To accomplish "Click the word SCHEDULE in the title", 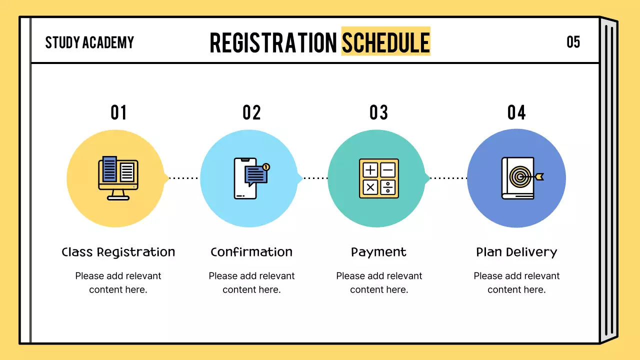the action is click(386, 42).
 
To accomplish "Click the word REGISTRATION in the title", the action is click(273, 42).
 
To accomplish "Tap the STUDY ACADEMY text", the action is click(89, 42).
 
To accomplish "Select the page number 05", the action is click(573, 42).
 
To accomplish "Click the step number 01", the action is click(118, 112).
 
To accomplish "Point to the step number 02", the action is click(251, 112).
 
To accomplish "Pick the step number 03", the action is click(378, 112).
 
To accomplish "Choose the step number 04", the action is click(516, 112).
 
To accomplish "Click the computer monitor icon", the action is click(118, 178).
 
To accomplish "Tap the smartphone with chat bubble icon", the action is click(251, 178).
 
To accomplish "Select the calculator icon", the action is click(379, 178).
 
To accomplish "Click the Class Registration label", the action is click(118, 252).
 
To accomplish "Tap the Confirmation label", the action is click(251, 252).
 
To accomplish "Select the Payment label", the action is click(378, 252).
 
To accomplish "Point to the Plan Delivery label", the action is click(516, 252).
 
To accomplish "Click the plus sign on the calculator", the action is click(370, 170).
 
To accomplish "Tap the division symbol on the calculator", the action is click(387, 187).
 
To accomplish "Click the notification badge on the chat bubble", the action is click(266, 167).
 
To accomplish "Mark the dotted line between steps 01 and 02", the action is click(183, 178).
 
